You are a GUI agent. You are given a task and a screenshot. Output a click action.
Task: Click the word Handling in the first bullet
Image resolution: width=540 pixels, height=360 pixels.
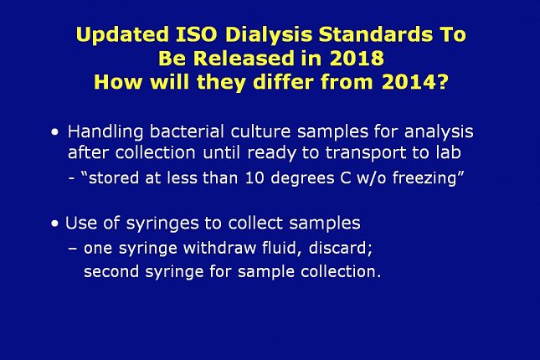point(105,132)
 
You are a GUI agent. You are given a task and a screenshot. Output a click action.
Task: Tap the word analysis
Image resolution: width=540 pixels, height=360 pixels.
point(439,132)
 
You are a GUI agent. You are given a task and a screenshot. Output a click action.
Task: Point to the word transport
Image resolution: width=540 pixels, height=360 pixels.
point(365,153)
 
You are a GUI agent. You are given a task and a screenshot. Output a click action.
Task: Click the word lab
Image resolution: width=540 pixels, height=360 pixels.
point(449,152)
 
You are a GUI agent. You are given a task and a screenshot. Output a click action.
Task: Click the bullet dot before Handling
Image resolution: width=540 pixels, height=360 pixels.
point(54,132)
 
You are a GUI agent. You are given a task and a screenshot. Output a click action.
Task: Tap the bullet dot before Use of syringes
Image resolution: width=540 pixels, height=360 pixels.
point(54,224)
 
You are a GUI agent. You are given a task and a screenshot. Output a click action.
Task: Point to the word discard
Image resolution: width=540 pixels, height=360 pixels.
point(340,249)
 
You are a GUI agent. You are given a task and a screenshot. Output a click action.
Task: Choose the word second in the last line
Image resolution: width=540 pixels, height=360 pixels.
point(111,271)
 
